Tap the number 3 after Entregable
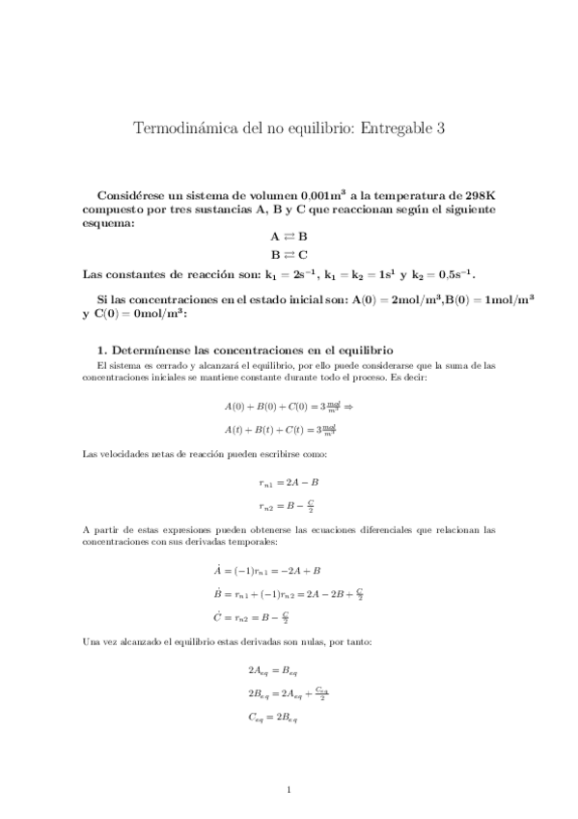[440, 129]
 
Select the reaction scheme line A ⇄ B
[289, 236]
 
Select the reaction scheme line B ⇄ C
[289, 255]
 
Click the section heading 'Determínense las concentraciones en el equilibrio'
[252, 349]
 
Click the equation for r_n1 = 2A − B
[289, 481]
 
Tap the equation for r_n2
[289, 505]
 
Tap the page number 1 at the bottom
[289, 791]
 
